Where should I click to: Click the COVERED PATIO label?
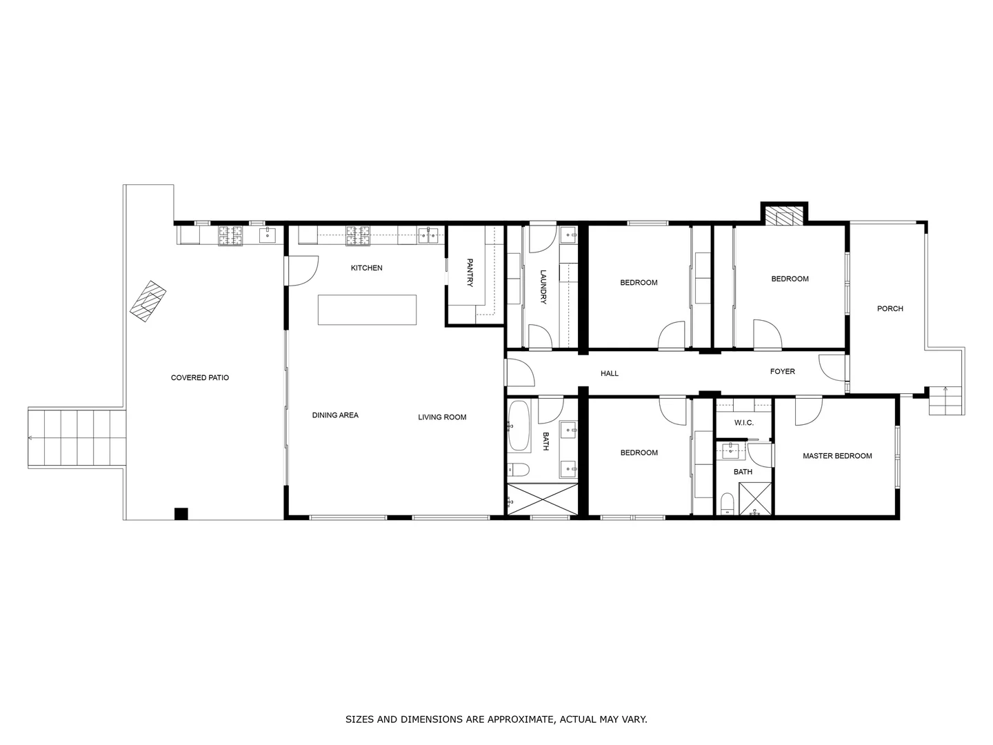click(200, 378)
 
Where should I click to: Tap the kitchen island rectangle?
click(367, 310)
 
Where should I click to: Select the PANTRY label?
click(470, 272)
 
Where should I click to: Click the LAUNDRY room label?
click(543, 286)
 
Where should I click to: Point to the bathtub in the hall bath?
click(519, 426)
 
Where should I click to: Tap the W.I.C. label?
click(743, 422)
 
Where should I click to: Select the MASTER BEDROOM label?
click(837, 456)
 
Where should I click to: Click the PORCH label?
click(890, 309)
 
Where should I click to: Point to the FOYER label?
click(782, 372)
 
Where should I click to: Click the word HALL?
click(610, 374)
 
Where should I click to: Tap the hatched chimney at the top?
click(784, 217)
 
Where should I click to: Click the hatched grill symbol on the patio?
click(148, 301)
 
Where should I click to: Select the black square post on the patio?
click(181, 513)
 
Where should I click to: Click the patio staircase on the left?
click(77, 437)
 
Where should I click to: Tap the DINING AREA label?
click(335, 415)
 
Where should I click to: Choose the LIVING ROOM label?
click(442, 417)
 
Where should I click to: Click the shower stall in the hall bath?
click(542, 499)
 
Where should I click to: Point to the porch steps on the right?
click(946, 401)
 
